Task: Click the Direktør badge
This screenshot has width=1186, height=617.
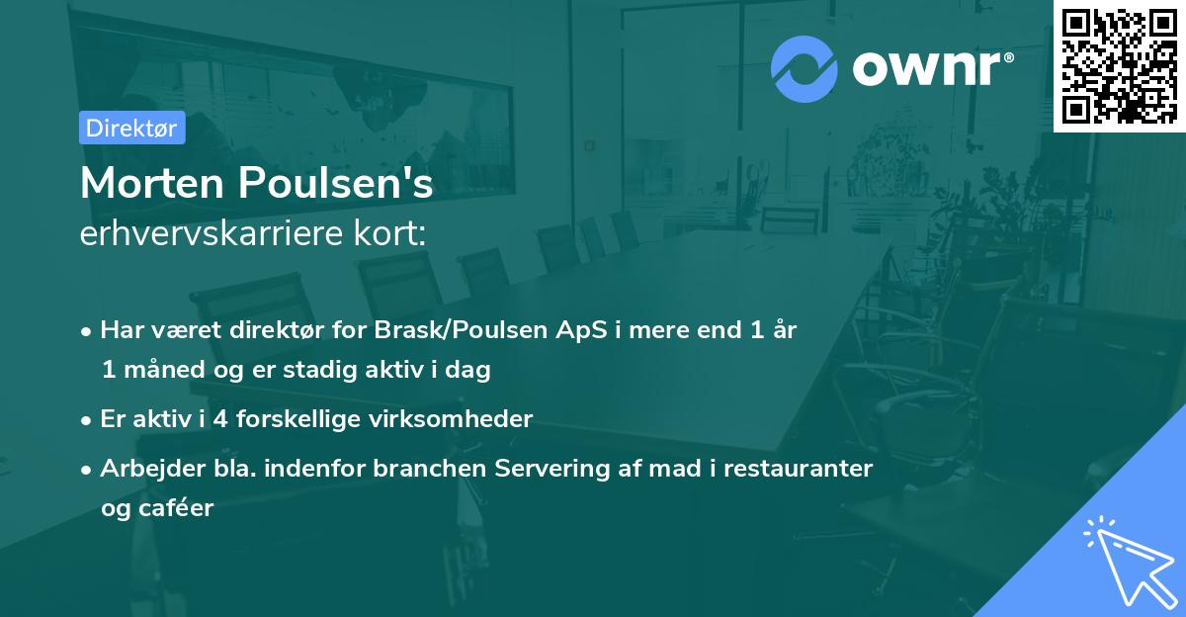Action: click(131, 128)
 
